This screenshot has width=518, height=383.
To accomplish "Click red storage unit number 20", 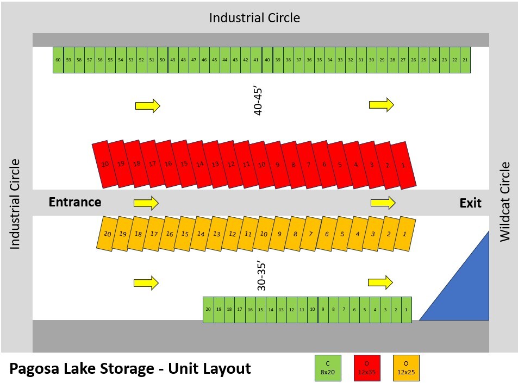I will pos(105,164).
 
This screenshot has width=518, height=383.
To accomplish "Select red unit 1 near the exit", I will pos(403,165).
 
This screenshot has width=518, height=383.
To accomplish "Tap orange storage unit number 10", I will pos(264,234).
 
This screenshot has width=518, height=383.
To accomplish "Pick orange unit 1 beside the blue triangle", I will pos(404,234).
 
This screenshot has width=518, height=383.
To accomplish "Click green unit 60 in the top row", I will pos(58,60).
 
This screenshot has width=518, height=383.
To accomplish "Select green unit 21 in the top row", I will pos(465,60).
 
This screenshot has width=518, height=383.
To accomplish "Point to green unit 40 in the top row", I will pos(267,60).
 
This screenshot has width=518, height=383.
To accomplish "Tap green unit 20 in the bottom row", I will pos(208,310).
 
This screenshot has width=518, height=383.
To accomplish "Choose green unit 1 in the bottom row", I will pos(406,310).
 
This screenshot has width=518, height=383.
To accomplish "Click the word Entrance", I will pos(75,202).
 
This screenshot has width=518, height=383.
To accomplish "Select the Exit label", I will pos(470,203).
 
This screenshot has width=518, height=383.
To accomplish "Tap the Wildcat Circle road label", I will pos(505,202).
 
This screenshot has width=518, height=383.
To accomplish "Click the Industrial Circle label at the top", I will pos(254,17).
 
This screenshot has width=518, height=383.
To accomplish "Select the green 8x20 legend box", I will pos(328,368).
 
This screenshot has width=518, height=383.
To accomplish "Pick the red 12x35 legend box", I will pos(367,368).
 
